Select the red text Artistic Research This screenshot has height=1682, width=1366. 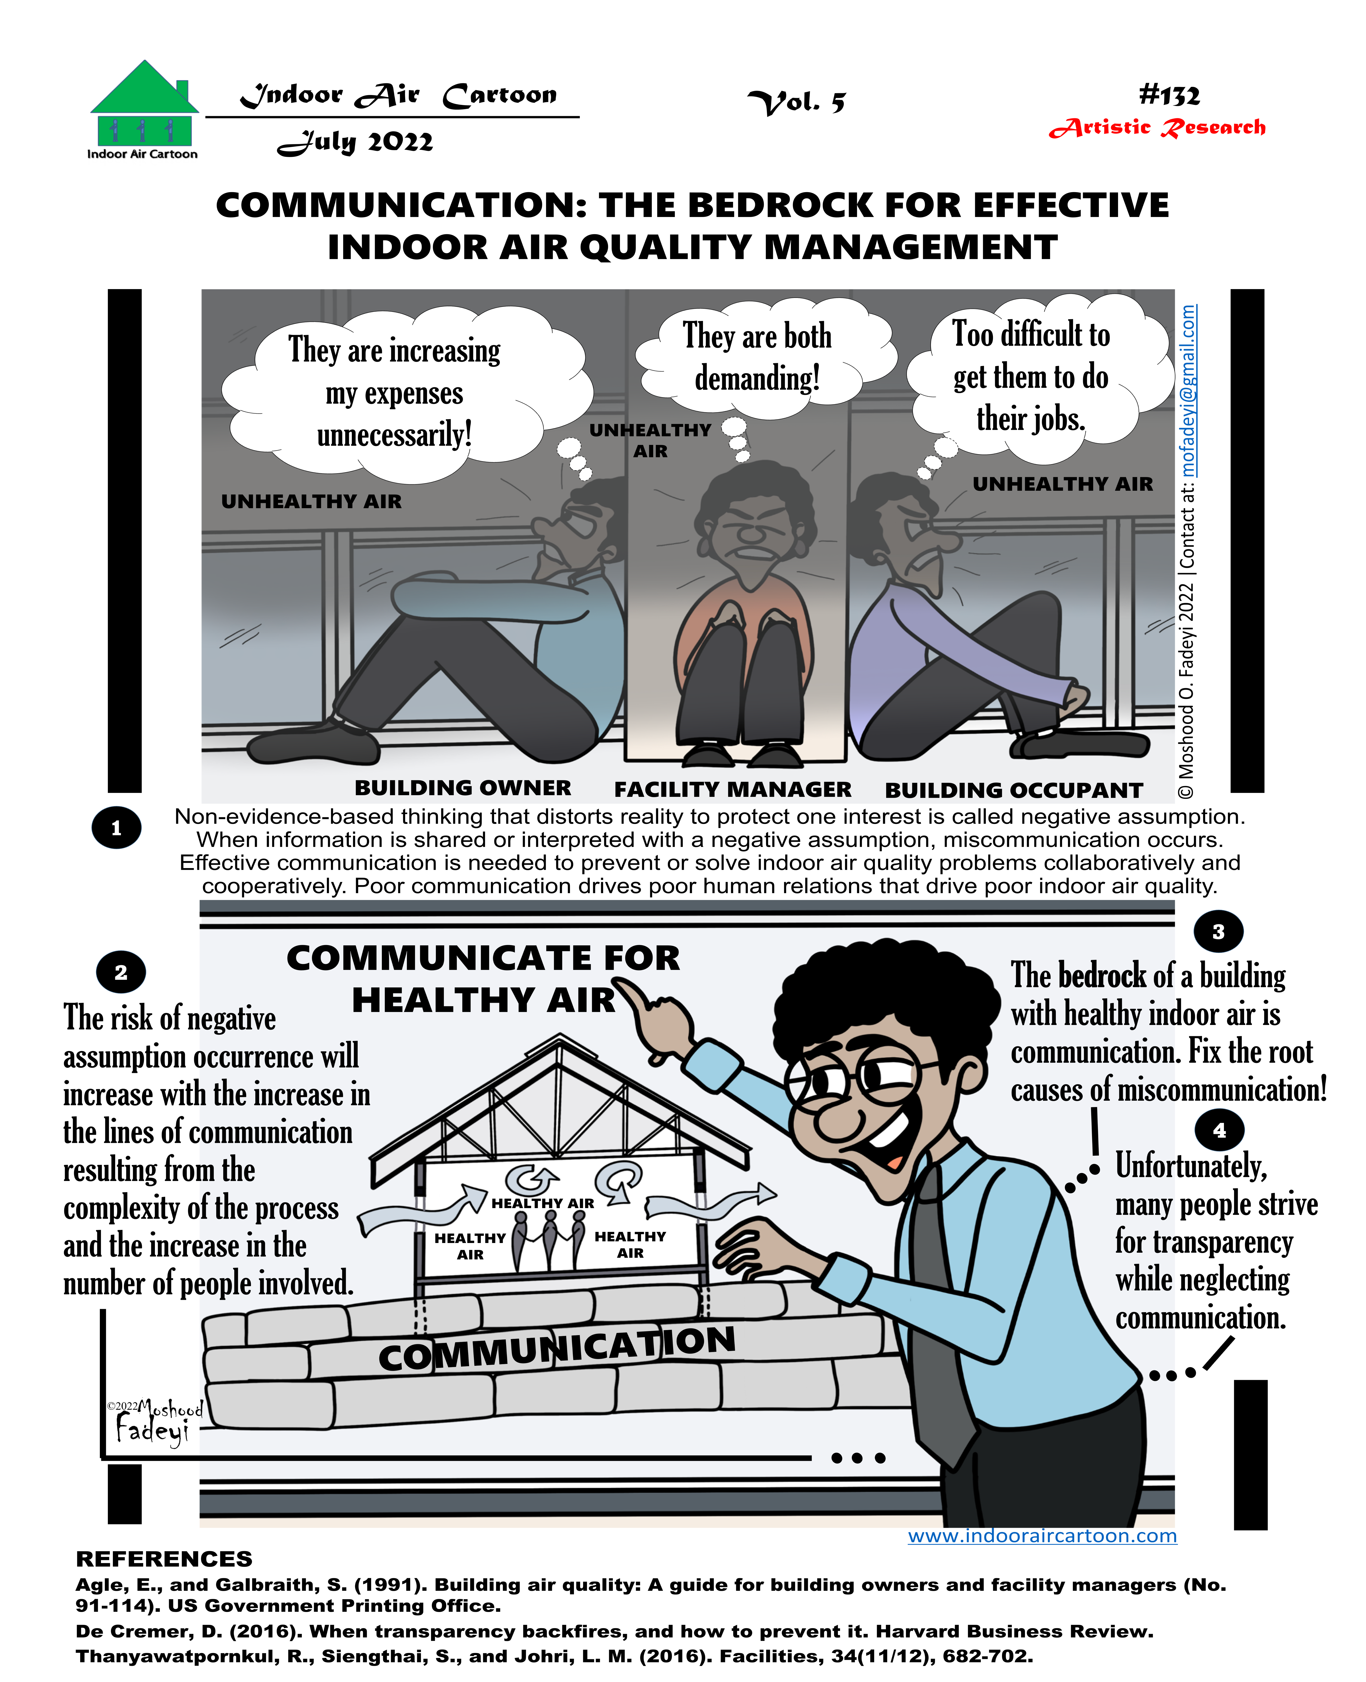pyautogui.click(x=1157, y=127)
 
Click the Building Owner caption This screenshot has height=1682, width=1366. pyautogui.click(x=463, y=788)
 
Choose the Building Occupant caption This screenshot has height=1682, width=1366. pyautogui.click(x=1014, y=790)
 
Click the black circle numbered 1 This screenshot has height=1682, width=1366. pyautogui.click(x=116, y=828)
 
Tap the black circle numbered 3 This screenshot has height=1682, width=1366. pyautogui.click(x=1218, y=932)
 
